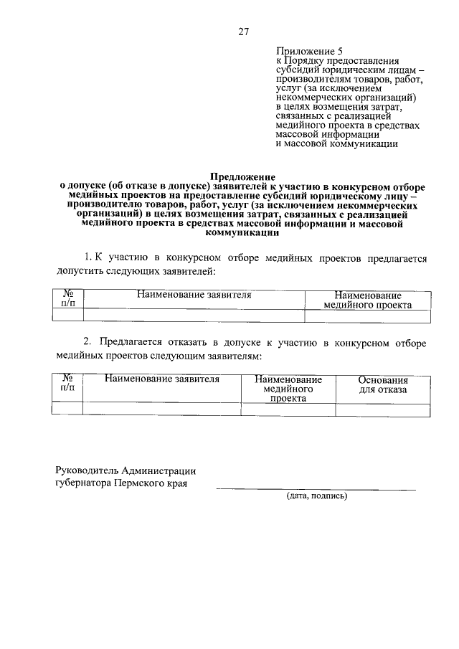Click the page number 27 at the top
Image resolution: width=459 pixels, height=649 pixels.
pos(243,31)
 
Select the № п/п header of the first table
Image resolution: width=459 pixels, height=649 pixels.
pos(69,299)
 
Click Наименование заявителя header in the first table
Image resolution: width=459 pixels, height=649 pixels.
pos(194,295)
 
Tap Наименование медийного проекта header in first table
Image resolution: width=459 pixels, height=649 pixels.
pos(367,300)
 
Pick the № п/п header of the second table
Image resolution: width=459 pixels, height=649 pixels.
pos(69,383)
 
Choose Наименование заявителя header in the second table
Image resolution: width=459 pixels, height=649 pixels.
pos(161,379)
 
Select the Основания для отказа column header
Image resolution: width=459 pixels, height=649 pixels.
pos(383,384)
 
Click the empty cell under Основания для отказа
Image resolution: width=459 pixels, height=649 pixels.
pos(383,409)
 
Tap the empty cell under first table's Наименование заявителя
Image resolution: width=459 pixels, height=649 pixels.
pos(194,316)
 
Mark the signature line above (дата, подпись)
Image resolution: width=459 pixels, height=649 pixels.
pos(316,490)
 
